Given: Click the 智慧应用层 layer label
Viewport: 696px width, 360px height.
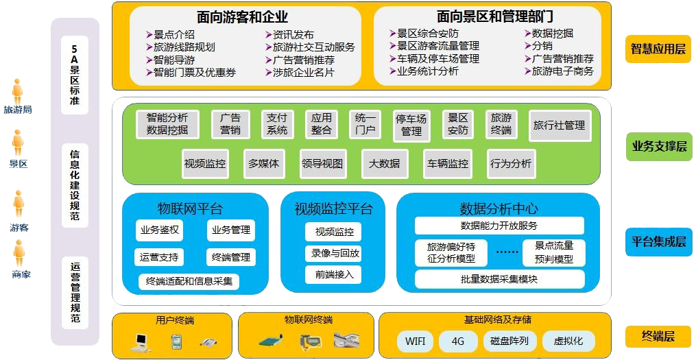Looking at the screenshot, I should tap(658, 49).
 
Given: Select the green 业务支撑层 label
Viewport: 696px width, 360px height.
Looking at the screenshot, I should tap(658, 146).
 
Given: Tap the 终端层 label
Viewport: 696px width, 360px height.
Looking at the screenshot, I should tap(658, 336).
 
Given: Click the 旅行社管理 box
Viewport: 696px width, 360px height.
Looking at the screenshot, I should tap(560, 126).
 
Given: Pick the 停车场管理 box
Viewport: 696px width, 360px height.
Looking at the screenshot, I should tap(411, 125).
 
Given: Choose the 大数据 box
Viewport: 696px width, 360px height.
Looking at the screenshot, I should tap(384, 164).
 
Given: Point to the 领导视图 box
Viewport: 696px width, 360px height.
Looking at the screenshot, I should tap(322, 164).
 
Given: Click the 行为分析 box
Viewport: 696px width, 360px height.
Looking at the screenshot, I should tap(510, 164).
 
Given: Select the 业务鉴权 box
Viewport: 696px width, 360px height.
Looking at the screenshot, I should tap(159, 230).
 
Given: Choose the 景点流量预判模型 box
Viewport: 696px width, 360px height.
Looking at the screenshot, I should tap(553, 252).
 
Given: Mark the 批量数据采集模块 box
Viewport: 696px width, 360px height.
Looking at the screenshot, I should tap(499, 279).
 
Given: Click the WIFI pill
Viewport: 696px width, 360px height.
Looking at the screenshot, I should tap(415, 341).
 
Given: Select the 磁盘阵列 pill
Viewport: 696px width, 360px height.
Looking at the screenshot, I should tap(509, 341).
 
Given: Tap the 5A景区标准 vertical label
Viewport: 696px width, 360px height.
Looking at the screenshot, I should tap(75, 75).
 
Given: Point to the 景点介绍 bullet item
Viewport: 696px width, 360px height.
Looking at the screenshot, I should tap(171, 34).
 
